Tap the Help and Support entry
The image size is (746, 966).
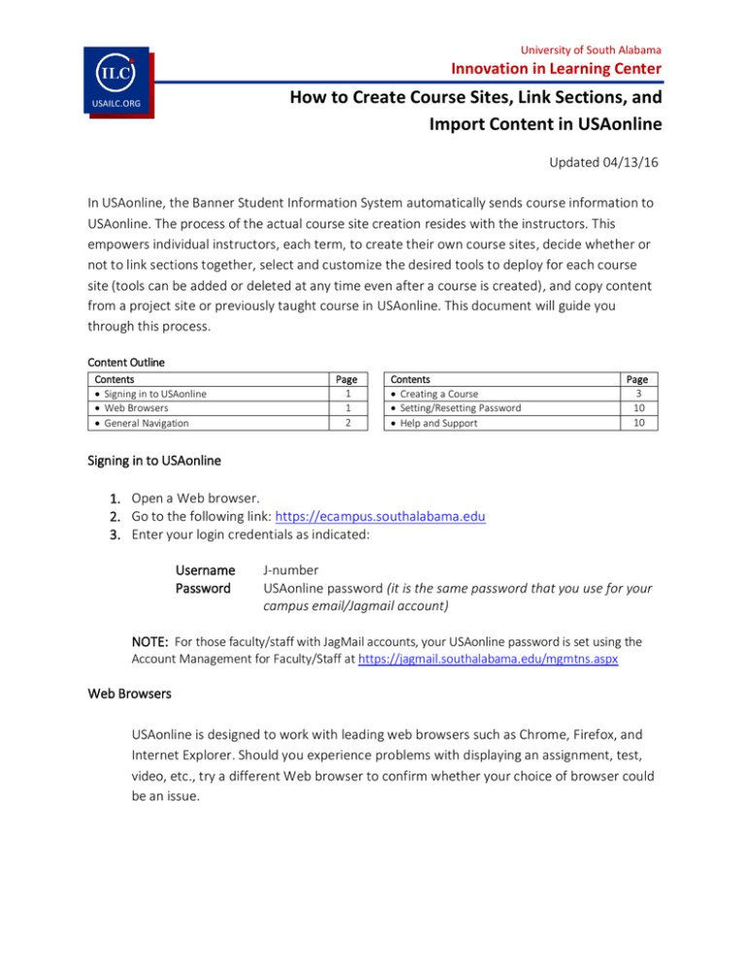(x=439, y=423)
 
